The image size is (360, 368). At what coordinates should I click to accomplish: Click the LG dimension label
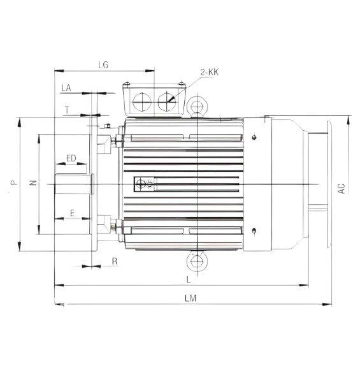(106, 64)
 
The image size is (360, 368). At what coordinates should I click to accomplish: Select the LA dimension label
(65, 87)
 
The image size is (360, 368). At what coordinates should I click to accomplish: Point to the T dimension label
(67, 109)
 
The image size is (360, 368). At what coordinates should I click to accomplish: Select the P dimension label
(13, 184)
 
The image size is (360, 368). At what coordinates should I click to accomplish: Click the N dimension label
(33, 184)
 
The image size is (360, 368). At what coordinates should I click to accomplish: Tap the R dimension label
(114, 261)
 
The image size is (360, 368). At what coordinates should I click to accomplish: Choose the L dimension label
(188, 279)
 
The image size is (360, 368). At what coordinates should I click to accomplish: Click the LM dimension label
(189, 298)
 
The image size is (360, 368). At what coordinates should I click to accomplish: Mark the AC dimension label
(342, 188)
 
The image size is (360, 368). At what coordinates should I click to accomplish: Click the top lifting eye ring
(198, 105)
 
